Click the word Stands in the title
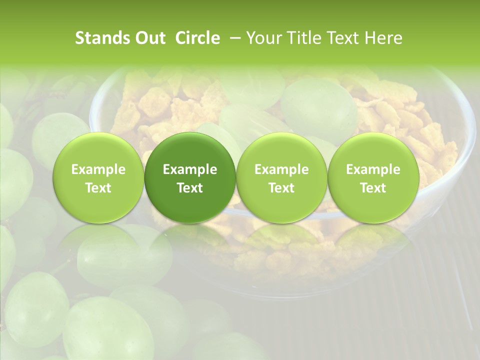101,38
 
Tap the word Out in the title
149,38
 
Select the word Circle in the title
197,38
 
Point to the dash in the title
232,38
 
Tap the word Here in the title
383,38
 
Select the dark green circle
190,177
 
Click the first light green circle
98,177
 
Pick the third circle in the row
281,177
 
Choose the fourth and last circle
373,177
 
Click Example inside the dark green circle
190,169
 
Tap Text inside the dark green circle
190,188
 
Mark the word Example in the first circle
98,169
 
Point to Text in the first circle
98,188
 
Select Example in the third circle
281,169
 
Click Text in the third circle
281,188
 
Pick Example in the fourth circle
373,169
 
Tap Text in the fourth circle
373,188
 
